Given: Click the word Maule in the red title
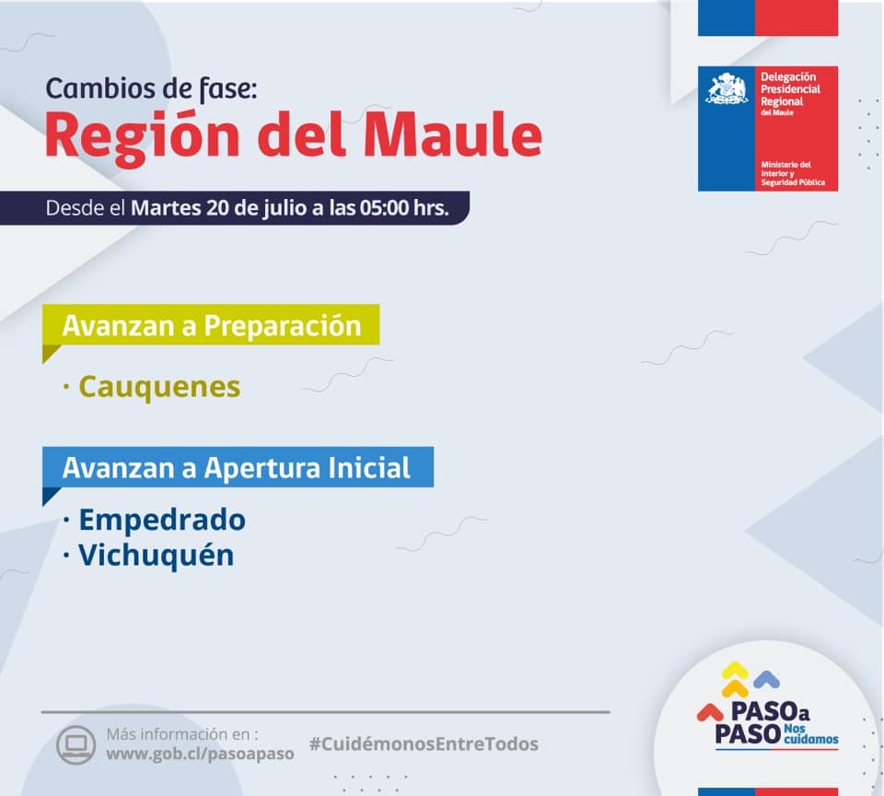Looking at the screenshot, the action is (x=453, y=135).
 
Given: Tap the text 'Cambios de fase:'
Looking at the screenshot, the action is (x=151, y=89).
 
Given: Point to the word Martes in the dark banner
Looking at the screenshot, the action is (x=166, y=208).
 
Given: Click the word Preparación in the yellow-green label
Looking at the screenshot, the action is (x=283, y=326).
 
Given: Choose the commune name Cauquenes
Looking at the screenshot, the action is (x=159, y=387).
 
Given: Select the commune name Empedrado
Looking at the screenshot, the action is (x=162, y=521).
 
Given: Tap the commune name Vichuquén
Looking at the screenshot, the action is (x=157, y=556).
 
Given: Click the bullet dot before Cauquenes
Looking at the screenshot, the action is (x=66, y=387).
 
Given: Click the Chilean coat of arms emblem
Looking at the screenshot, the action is (x=727, y=88).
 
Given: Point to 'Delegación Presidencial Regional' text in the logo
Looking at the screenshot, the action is (x=790, y=89).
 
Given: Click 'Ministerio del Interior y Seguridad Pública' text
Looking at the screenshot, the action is (x=793, y=174).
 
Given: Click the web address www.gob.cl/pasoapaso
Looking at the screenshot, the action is (x=200, y=755).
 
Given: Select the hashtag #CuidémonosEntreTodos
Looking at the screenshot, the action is (x=424, y=744).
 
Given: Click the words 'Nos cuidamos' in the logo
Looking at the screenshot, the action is (x=810, y=734).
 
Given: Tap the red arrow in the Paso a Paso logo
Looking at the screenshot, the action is (x=710, y=712).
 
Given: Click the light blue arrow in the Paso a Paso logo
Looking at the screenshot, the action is (x=767, y=679).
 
